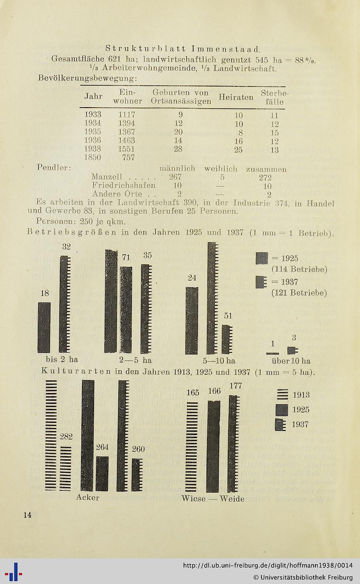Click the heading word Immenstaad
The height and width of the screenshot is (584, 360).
pos(225,48)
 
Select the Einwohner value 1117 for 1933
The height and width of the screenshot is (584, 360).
pos(126,115)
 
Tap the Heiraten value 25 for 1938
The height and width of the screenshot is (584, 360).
pos(238,149)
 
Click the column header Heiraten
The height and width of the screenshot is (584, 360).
pos(236,97)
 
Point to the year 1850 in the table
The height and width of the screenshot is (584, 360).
pos(93,158)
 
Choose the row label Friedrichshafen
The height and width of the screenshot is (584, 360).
pos(124,185)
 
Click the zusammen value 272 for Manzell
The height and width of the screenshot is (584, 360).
pos(265,177)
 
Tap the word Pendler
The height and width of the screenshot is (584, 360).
pos(52,168)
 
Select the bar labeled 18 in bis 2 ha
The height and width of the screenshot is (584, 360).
pos(44,327)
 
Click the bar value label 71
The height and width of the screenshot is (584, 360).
pos(126,258)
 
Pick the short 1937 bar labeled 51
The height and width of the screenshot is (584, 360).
pos(227,339)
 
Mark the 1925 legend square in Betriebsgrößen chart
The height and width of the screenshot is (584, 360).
pos(261,258)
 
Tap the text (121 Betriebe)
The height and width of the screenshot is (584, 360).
pos(299,293)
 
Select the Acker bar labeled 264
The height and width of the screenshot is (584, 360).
pos(102,473)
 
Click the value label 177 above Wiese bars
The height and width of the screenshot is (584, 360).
pos(236,386)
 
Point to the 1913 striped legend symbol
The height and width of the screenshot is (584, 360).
pos(282,395)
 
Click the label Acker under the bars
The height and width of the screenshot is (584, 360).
pos(88,498)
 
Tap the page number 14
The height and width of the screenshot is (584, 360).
pos(27,515)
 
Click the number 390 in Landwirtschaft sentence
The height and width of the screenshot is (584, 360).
pos(185,203)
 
